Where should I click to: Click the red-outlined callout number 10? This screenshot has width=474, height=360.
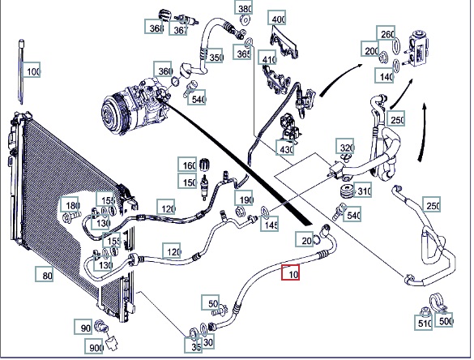[x=291, y=272]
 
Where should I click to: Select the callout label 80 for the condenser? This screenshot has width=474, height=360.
[x=45, y=274]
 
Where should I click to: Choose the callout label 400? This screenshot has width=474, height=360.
[x=277, y=18]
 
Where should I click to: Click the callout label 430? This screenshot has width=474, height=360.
[x=285, y=148]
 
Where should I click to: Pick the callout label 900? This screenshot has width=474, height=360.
[x=94, y=346]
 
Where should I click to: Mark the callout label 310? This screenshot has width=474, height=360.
[x=362, y=190]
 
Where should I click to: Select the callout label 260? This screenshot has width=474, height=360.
[x=386, y=33]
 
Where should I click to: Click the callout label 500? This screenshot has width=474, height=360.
[x=444, y=319]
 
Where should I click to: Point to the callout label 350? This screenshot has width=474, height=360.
[x=214, y=56]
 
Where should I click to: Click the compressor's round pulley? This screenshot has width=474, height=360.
[x=113, y=114]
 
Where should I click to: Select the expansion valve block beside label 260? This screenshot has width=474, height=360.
[x=418, y=48]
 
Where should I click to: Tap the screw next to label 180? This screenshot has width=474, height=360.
[x=71, y=216]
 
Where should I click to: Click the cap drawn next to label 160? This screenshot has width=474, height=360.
[x=205, y=164]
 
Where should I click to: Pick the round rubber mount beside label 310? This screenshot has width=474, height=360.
[x=347, y=191]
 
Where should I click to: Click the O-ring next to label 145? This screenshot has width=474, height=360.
[x=265, y=212]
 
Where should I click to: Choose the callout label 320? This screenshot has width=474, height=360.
[x=345, y=147]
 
